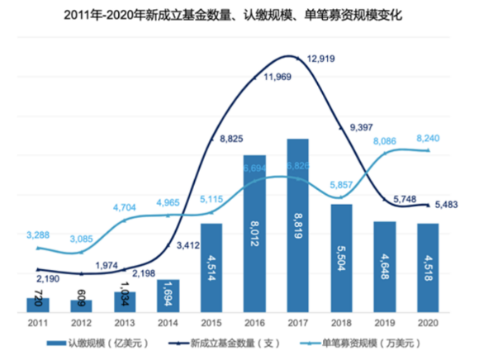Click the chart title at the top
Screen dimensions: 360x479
239,15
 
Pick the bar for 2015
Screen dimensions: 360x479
211,268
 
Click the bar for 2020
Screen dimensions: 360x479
427,268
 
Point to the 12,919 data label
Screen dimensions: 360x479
322,59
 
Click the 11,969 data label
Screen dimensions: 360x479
266,78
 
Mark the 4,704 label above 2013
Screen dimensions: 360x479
124,208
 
